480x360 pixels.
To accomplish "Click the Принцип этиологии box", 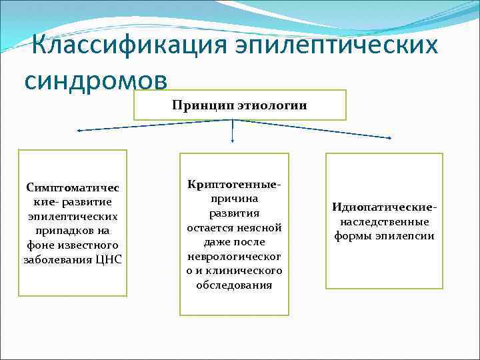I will (x=239, y=105).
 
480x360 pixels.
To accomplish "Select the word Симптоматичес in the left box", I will (x=72, y=187).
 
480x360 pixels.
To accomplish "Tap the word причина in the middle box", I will (x=234, y=198).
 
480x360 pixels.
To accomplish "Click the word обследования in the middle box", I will (x=234, y=285).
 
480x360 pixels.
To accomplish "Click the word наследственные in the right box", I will (x=384, y=221).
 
